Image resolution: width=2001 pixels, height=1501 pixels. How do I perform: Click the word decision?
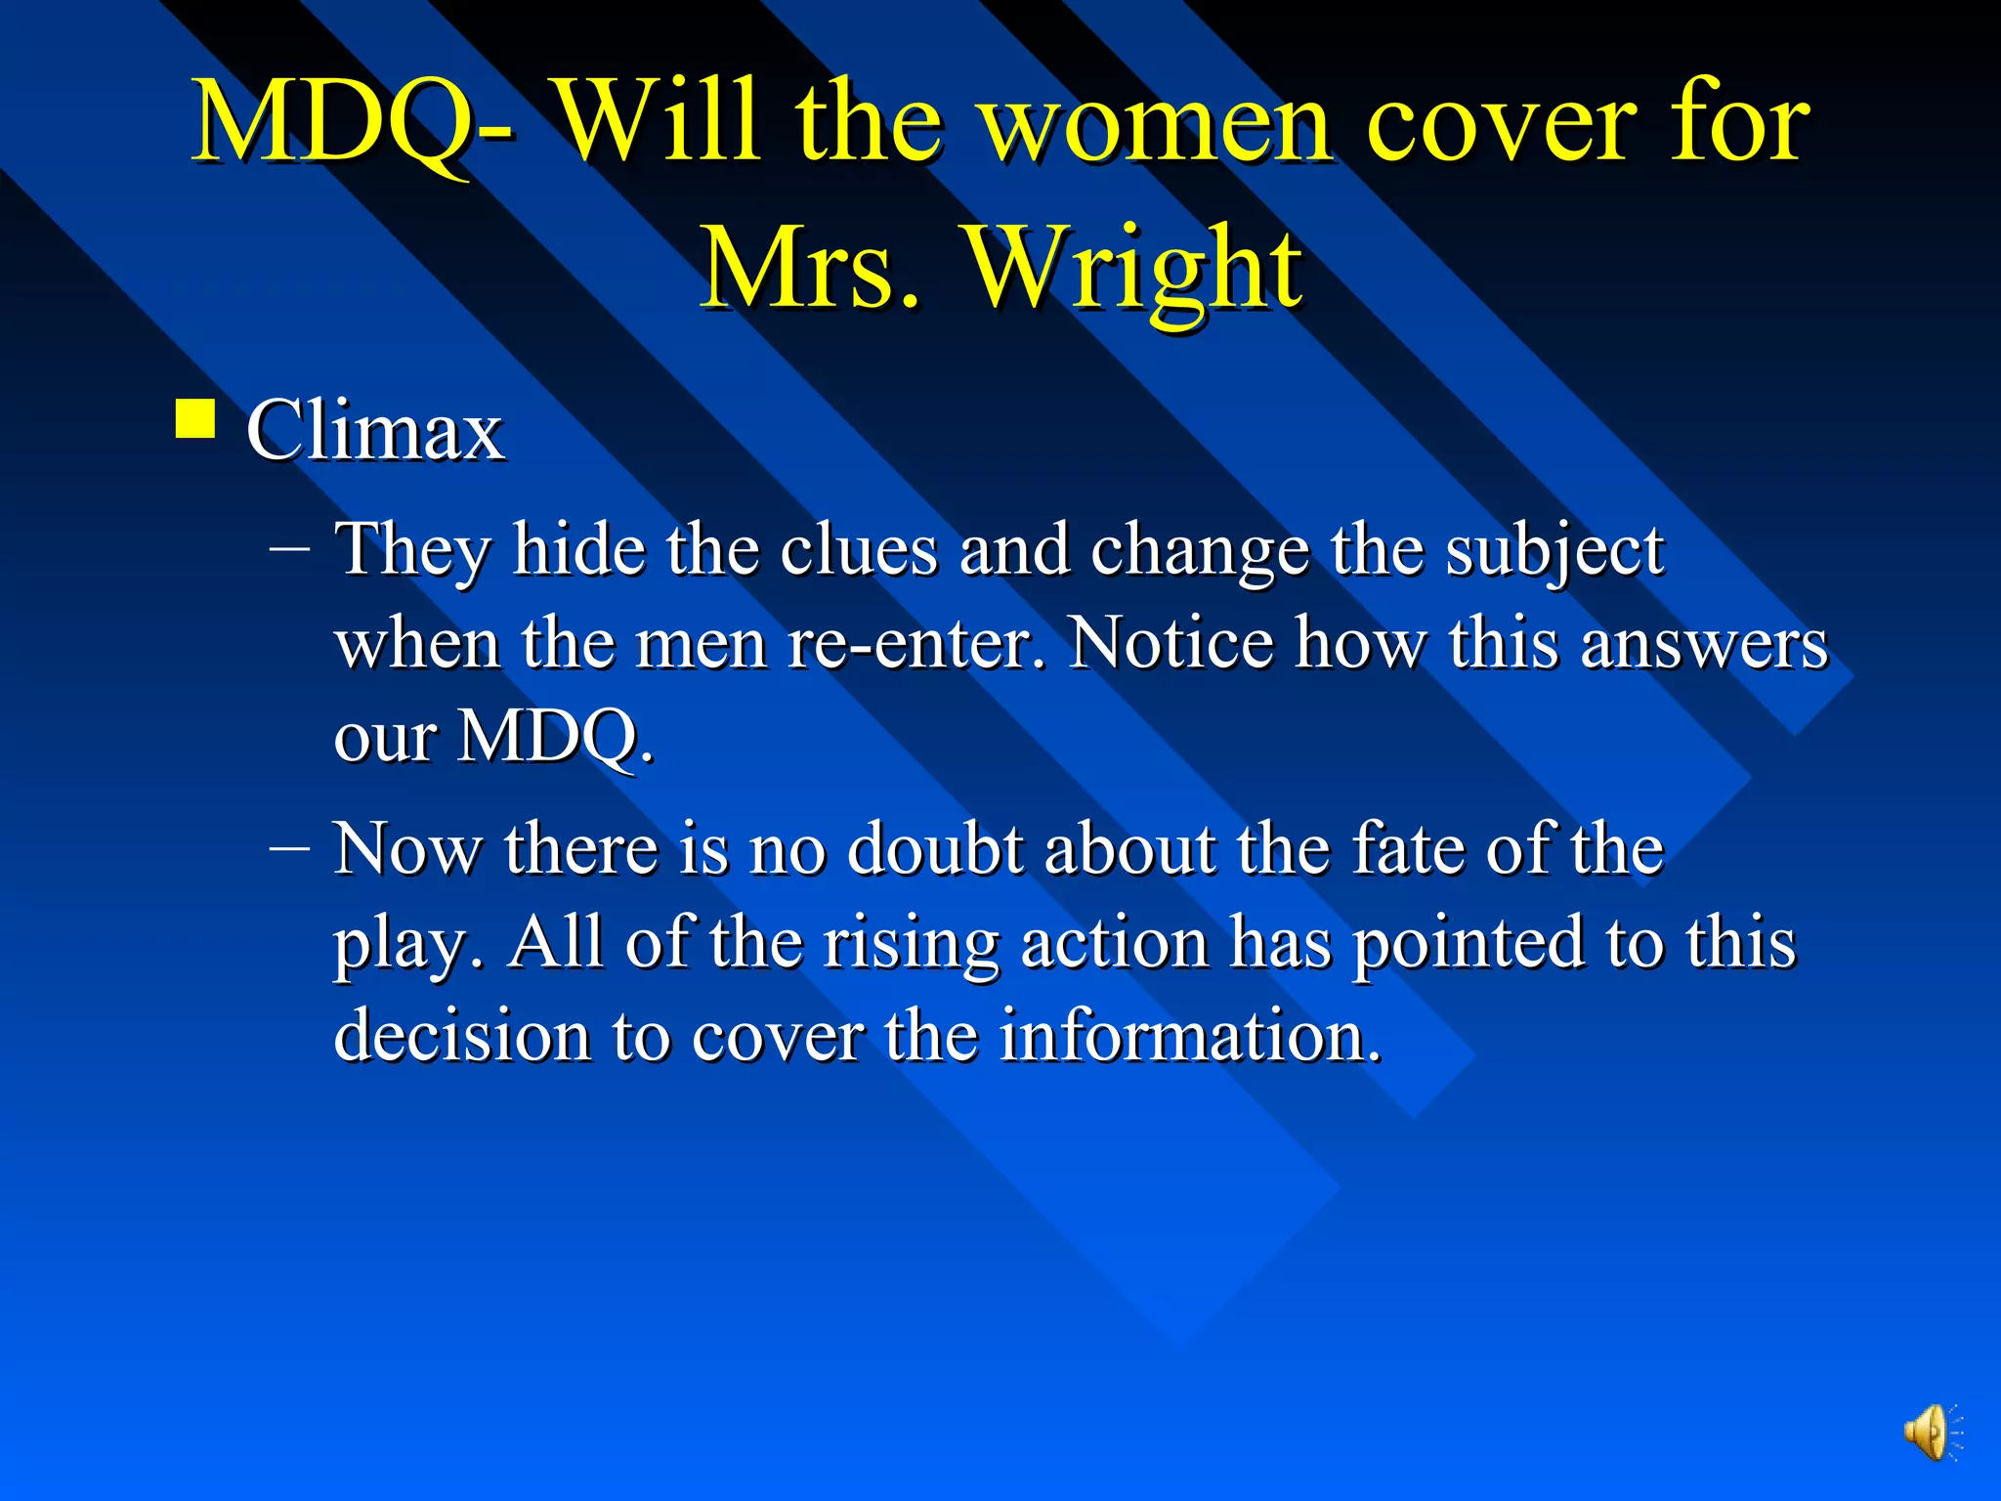[x=462, y=1035]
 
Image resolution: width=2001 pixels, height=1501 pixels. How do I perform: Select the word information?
[x=1189, y=1035]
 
